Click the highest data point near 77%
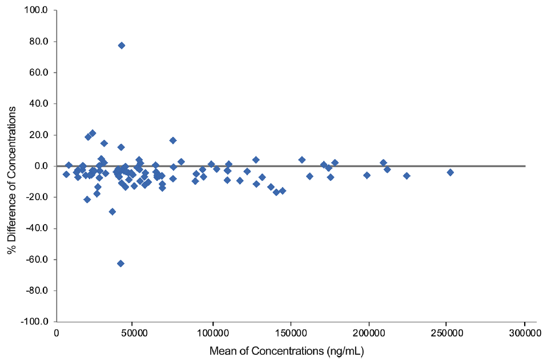click(x=122, y=45)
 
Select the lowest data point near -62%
click(x=120, y=263)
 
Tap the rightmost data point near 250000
click(x=450, y=172)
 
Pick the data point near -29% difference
click(x=112, y=212)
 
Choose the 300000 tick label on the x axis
click(x=525, y=331)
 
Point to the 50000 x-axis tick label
click(x=134, y=331)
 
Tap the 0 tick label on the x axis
click(x=57, y=331)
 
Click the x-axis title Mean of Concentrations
click(x=287, y=350)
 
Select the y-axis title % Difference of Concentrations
click(x=12, y=165)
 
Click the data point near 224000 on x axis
click(x=407, y=176)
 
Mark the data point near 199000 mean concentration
click(x=367, y=175)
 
